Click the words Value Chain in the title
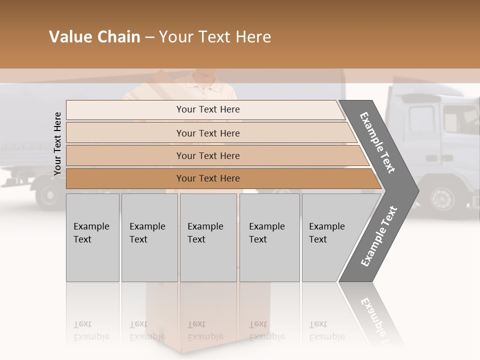click(94, 37)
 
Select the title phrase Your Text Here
click(215, 37)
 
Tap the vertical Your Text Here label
click(57, 143)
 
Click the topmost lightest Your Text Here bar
click(207, 109)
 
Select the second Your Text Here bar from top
click(207, 133)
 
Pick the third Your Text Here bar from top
click(207, 155)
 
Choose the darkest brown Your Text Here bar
click(207, 178)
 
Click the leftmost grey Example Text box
click(92, 237)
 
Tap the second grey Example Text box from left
click(149, 237)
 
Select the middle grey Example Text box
click(208, 237)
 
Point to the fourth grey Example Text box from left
click(269, 237)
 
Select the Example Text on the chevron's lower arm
click(379, 236)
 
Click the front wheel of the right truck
click(442, 198)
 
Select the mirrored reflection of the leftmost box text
click(91, 331)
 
